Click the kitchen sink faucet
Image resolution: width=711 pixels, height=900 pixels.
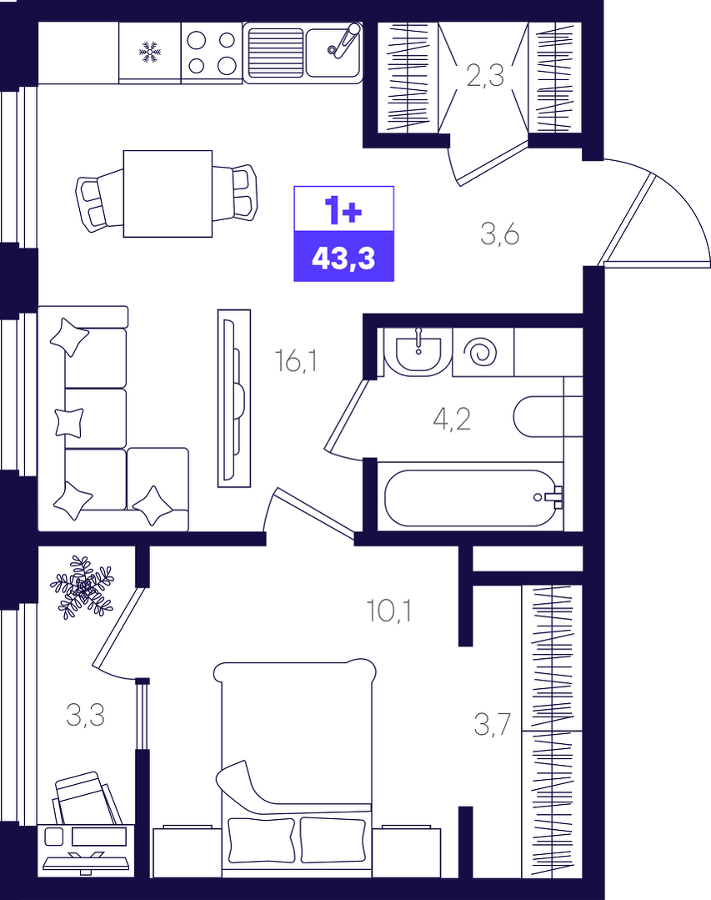(344, 39)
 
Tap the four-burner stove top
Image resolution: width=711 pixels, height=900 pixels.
(212, 53)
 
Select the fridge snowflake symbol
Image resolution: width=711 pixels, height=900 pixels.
(150, 53)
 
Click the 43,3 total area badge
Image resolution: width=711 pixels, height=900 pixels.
(344, 257)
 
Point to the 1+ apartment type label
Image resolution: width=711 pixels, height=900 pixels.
(343, 210)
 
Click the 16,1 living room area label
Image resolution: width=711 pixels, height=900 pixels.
(296, 360)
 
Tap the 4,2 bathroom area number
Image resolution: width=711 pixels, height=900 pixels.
(452, 419)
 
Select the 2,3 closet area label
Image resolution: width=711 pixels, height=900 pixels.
(485, 75)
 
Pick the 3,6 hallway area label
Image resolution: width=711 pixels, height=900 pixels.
(499, 234)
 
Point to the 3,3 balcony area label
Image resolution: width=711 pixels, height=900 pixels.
(85, 715)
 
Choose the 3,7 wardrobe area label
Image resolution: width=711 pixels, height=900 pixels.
(492, 724)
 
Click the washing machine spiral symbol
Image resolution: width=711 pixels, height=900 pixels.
(480, 353)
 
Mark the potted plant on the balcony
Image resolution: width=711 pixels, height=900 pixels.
(82, 587)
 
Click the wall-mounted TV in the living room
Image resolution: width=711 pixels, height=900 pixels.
(234, 399)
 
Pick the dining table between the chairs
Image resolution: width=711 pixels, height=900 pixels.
(168, 194)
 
